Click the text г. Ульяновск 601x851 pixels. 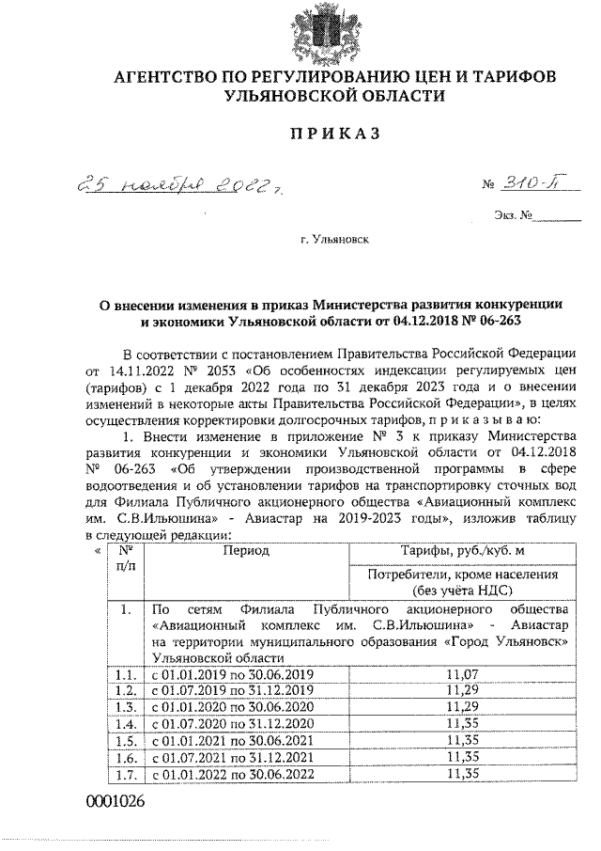(x=334, y=240)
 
